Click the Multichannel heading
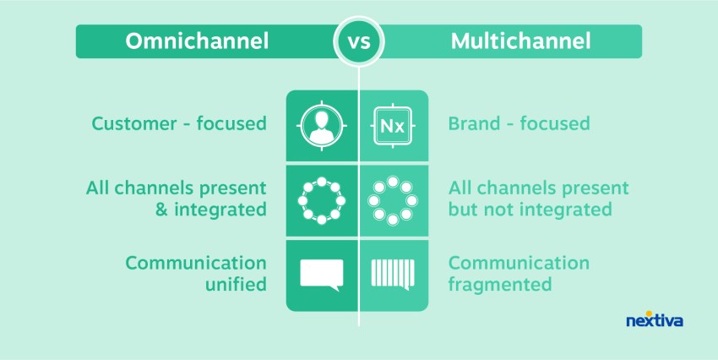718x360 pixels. pos(519,41)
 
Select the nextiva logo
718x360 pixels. pos(655,320)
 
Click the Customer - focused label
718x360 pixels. pos(179,124)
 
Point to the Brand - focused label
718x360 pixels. pos(519,124)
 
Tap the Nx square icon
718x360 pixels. pos(393,127)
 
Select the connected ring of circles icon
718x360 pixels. pos(322,200)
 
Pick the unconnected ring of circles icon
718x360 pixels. pos(393,200)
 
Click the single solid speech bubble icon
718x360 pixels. pos(322,274)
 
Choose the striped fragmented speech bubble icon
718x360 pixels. pos(393,274)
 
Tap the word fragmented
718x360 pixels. pos(500,285)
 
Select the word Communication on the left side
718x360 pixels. pos(196,263)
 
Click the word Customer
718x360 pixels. pos(129,124)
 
